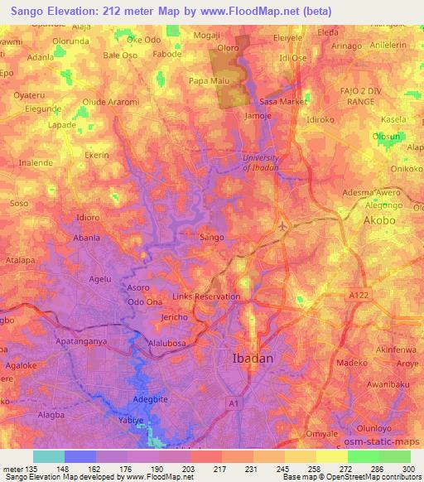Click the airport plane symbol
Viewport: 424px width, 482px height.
(x=283, y=225)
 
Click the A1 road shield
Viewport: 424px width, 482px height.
(x=234, y=402)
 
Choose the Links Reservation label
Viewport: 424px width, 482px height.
(x=206, y=296)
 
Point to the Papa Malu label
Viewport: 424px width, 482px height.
(x=209, y=80)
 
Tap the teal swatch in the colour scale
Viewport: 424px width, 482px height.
(x=48, y=456)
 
